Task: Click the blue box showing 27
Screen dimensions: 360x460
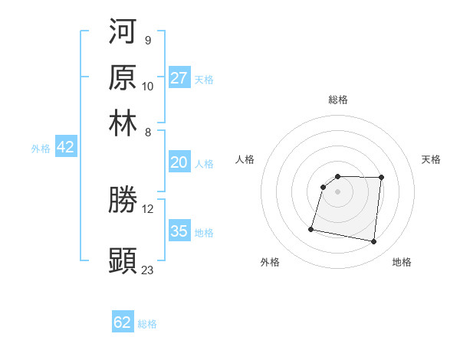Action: [179, 78]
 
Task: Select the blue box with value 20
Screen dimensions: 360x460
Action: [179, 162]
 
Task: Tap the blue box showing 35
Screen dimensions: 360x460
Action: [179, 231]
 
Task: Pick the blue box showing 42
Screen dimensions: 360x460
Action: [65, 148]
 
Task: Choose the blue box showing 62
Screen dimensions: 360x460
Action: [123, 322]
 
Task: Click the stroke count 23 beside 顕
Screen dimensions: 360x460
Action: [148, 270]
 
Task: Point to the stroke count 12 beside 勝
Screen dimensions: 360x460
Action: [148, 208]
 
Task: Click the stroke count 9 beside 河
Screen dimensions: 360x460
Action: [147, 40]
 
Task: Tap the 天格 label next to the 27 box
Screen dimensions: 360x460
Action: [203, 80]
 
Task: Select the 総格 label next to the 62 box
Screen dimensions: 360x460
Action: [147, 324]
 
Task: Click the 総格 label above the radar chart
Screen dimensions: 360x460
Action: [337, 100]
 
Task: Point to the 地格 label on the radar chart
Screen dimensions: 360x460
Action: [402, 263]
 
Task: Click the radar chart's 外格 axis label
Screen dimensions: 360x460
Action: [270, 263]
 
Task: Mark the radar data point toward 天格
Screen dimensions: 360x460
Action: [381, 178]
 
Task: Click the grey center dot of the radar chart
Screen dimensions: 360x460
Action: [337, 191]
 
